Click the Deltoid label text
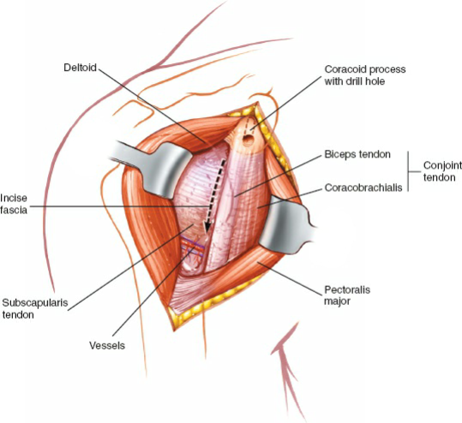click(x=81, y=67)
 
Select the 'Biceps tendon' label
click(x=357, y=155)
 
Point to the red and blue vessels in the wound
click(x=189, y=250)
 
